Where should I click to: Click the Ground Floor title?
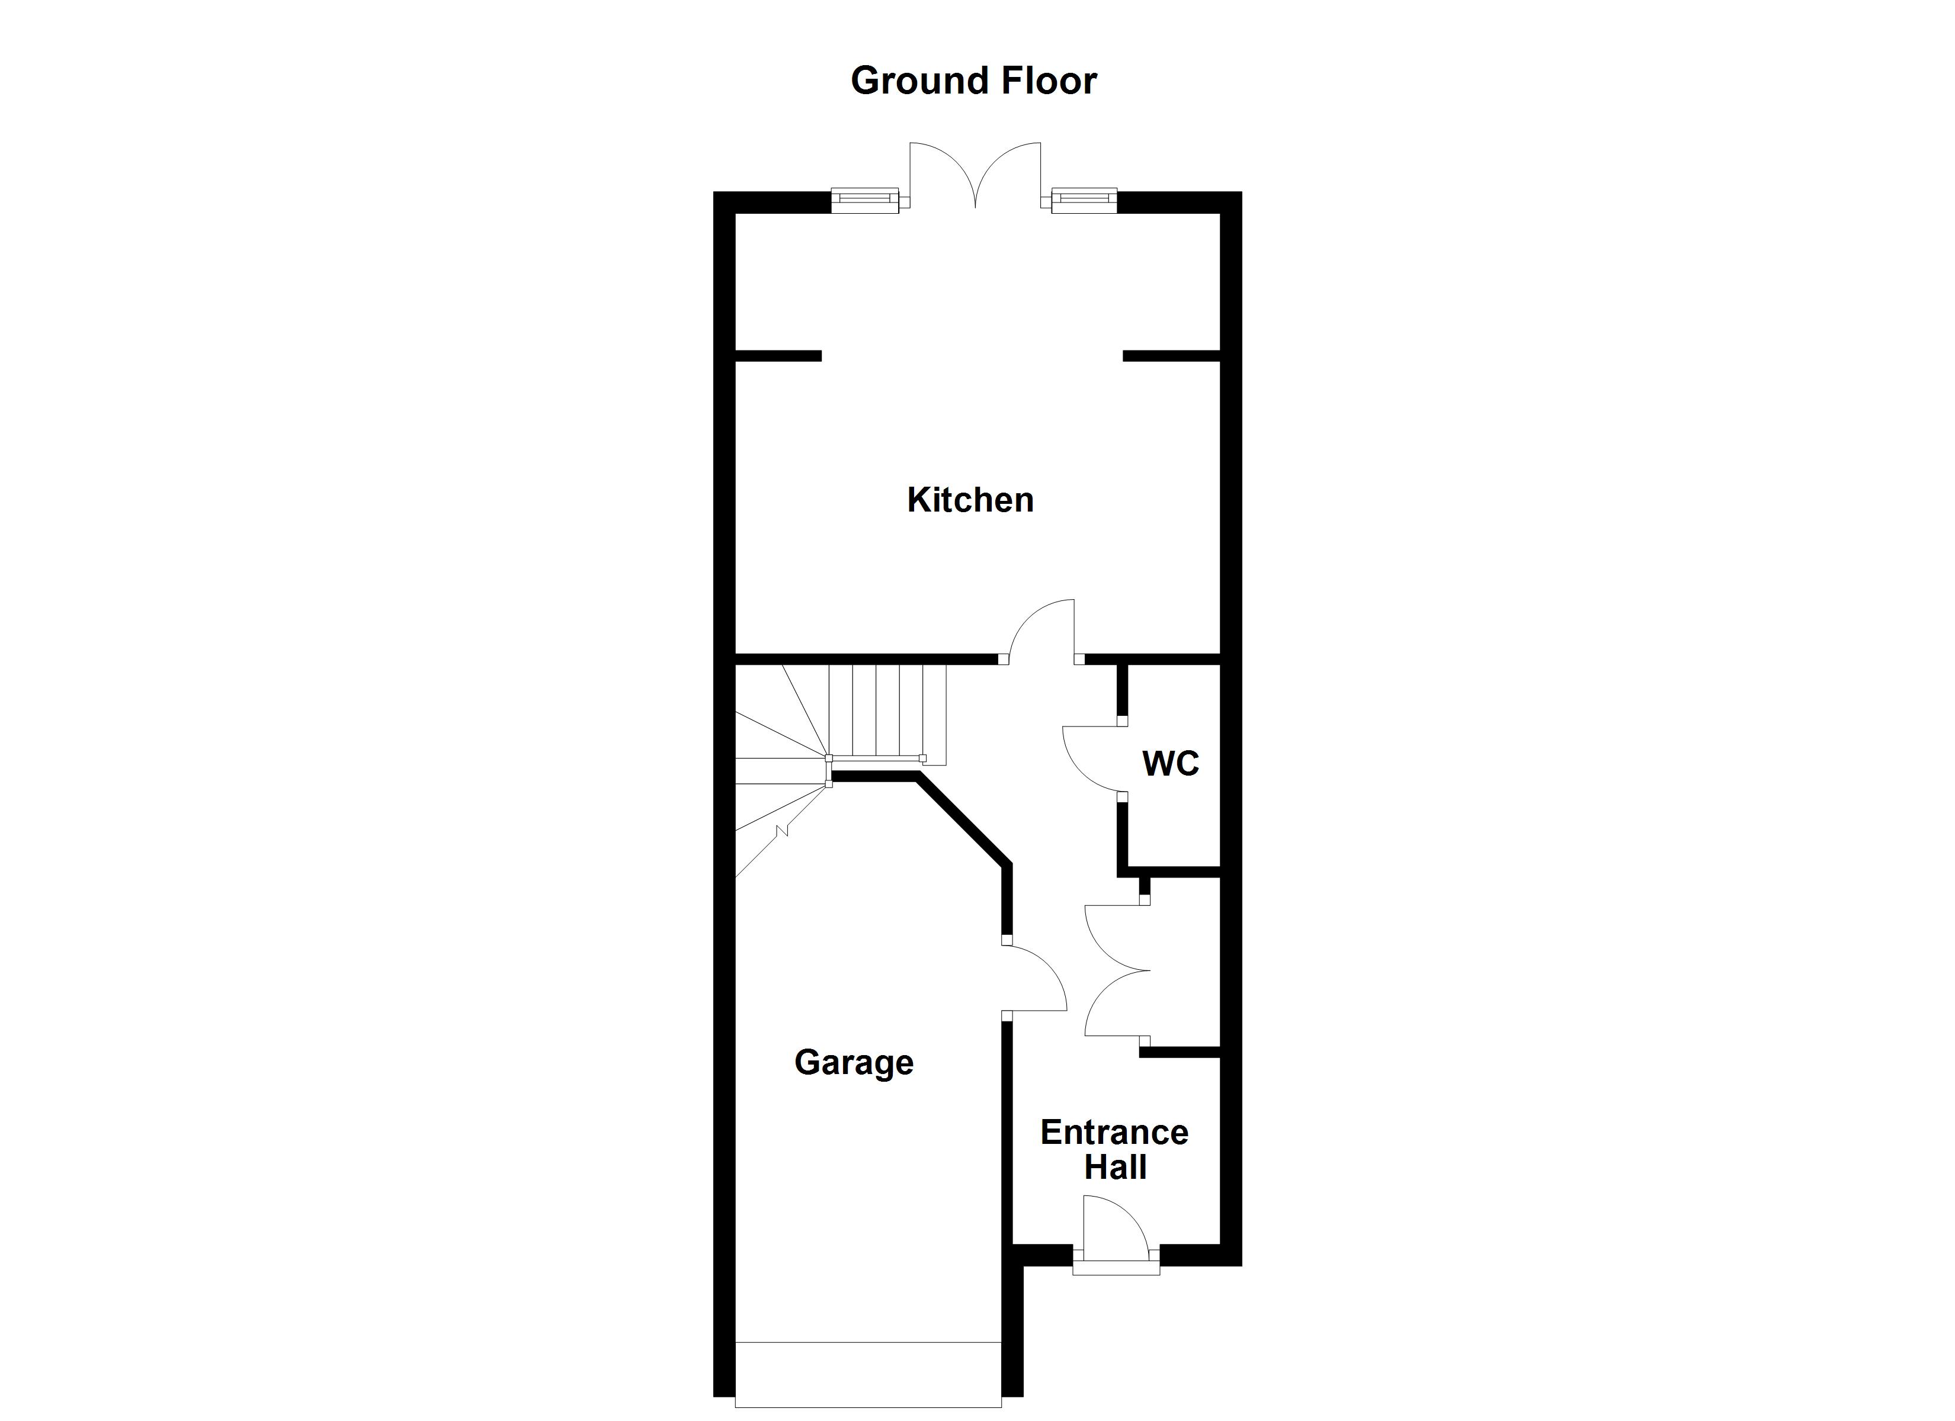(x=973, y=81)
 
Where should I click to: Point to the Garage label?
(x=853, y=1063)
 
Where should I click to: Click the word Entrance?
(x=1114, y=1132)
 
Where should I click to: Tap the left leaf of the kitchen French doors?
(x=940, y=172)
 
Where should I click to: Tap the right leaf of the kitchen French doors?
(x=1010, y=172)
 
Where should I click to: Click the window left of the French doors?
(x=864, y=200)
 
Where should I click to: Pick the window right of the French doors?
(x=1084, y=200)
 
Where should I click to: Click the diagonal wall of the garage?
(x=964, y=819)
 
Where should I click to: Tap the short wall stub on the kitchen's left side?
(x=777, y=355)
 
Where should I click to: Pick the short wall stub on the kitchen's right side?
(x=1171, y=355)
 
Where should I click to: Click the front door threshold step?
(x=1116, y=1266)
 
